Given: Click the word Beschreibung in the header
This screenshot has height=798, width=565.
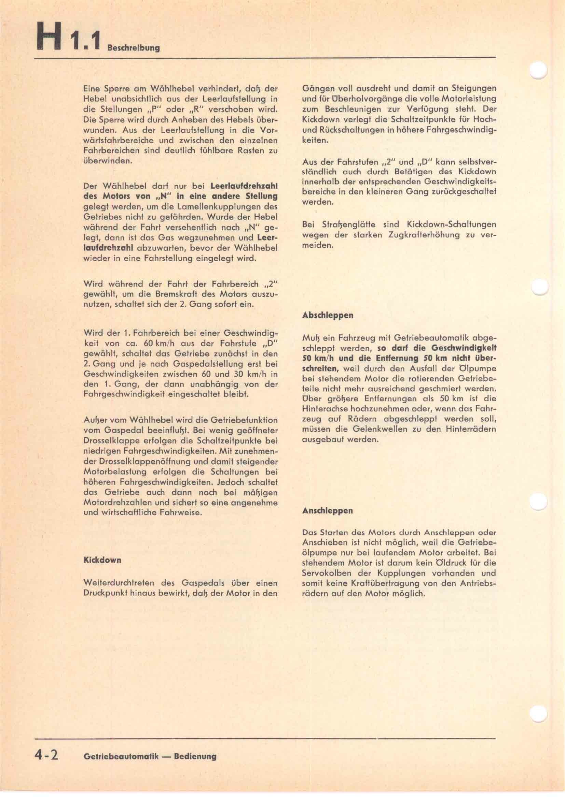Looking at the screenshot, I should (133, 48).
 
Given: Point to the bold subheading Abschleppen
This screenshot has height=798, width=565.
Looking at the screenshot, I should (328, 315).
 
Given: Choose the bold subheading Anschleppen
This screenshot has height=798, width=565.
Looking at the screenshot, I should (327, 511).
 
